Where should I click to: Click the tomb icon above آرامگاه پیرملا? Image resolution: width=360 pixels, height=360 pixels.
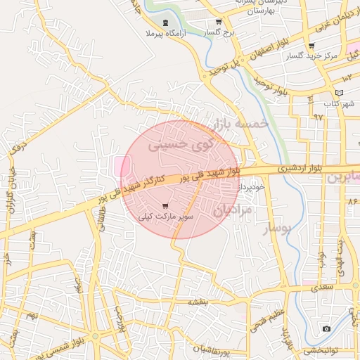click(x=165, y=22)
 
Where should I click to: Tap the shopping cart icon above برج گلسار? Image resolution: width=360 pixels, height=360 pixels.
click(x=219, y=22)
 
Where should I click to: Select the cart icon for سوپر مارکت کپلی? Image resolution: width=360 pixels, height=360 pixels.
click(x=165, y=206)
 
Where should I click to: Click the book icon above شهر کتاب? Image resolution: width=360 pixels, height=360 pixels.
click(x=340, y=93)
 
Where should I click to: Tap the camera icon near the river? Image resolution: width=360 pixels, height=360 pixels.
click(x=326, y=329)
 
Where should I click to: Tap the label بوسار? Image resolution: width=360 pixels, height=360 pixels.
click(x=277, y=229)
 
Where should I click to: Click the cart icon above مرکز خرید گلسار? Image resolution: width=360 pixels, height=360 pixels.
click(x=311, y=46)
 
